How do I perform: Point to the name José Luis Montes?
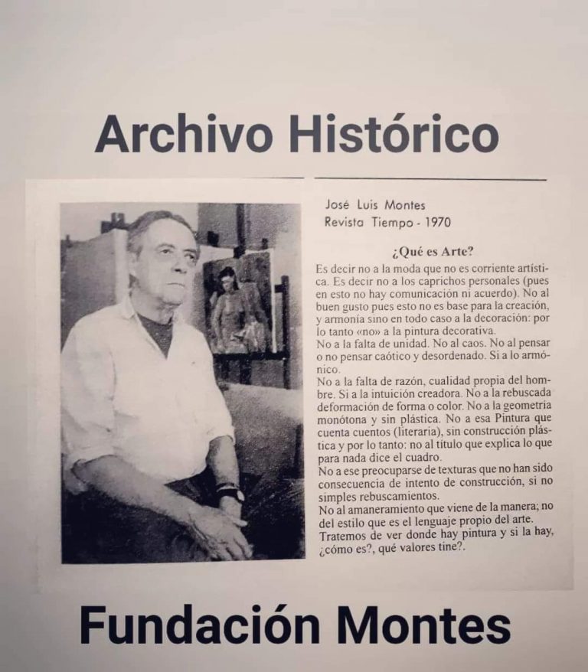click(375, 205)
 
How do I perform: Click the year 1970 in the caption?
click(434, 223)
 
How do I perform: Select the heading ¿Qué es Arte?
click(431, 252)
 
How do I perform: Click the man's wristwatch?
click(230, 493)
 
